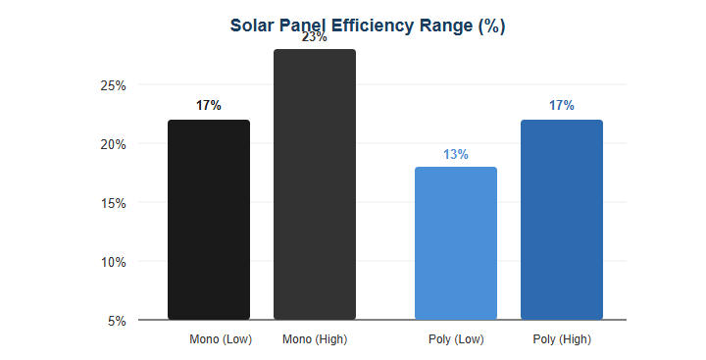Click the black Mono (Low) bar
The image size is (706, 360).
click(x=209, y=220)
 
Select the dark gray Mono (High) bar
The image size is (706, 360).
click(x=315, y=184)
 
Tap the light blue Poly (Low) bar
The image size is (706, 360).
click(x=456, y=243)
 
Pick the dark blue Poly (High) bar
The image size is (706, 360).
click(x=562, y=220)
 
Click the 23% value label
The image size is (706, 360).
click(x=315, y=37)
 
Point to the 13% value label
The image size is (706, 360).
click(x=456, y=154)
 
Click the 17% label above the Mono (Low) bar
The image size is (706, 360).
click(x=209, y=105)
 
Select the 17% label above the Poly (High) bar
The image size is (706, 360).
click(x=562, y=105)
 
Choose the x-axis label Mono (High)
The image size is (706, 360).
click(x=315, y=339)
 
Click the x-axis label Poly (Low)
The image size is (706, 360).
click(x=456, y=339)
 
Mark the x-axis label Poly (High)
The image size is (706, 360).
click(x=562, y=339)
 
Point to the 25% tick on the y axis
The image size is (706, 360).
click(x=113, y=85)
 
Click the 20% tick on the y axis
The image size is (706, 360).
click(x=113, y=144)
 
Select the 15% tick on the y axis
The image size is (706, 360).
click(x=113, y=203)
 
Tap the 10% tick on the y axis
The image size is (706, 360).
click(x=113, y=262)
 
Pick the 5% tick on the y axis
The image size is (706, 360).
click(x=117, y=321)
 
